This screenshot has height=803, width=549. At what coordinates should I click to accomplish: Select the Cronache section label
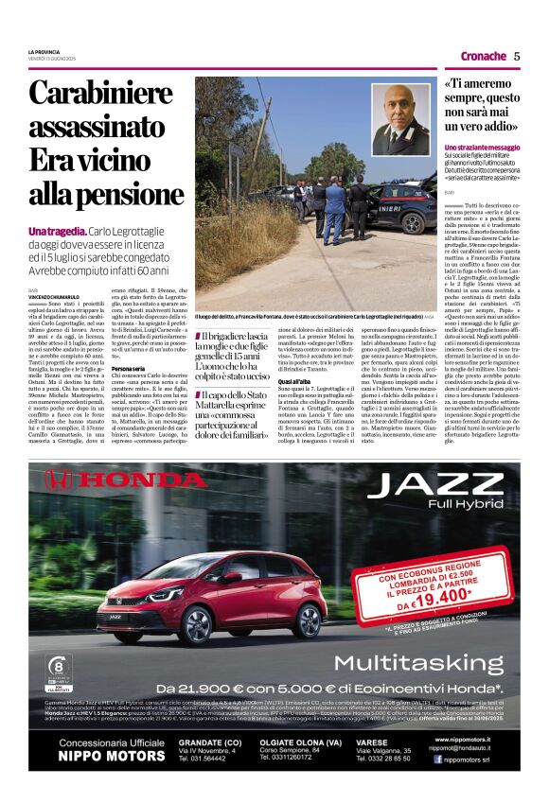click(x=484, y=56)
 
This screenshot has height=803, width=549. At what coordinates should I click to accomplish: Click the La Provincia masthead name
click(x=43, y=51)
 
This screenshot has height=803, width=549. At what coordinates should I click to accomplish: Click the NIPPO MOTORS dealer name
click(x=104, y=757)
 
